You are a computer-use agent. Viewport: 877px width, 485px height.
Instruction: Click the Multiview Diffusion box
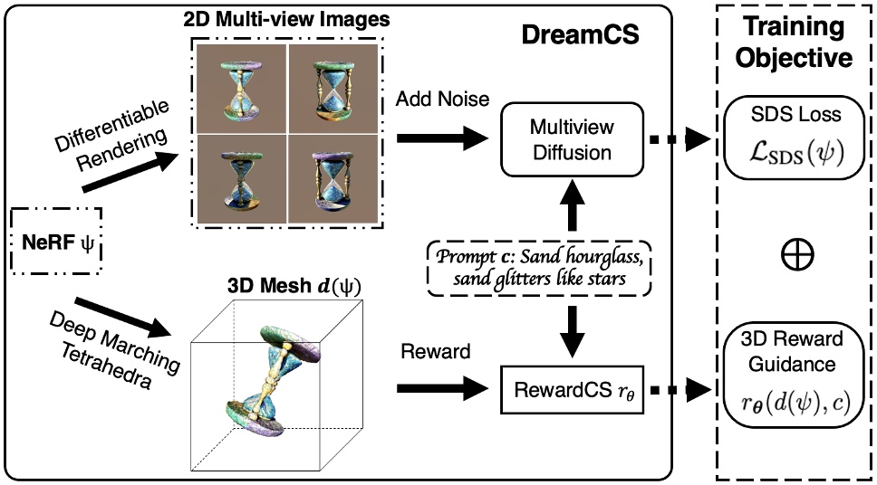(x=564, y=138)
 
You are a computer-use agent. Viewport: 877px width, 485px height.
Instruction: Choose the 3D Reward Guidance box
(x=795, y=367)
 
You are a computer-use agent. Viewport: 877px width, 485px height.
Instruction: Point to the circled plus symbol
(x=795, y=256)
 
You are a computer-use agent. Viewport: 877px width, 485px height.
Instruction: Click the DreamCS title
(x=580, y=36)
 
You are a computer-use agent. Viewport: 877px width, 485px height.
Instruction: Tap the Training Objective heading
(x=795, y=43)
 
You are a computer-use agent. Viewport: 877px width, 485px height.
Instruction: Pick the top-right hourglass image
(x=330, y=90)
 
